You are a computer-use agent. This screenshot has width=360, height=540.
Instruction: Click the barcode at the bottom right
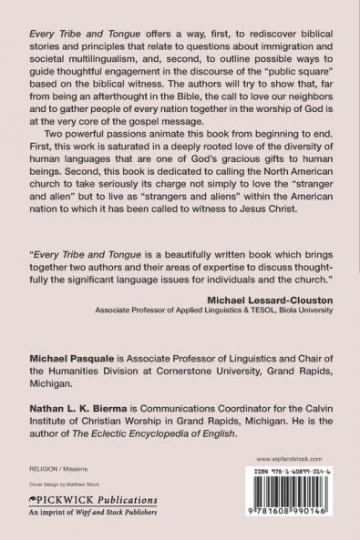point(293,497)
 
